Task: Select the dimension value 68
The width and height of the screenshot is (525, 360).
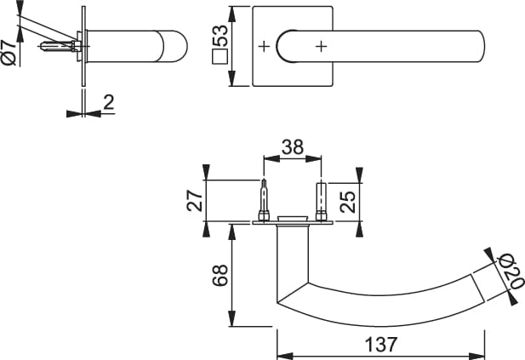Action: click(x=219, y=275)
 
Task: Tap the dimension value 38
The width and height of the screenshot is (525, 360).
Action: click(x=293, y=146)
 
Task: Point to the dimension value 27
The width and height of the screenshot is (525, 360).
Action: click(x=195, y=202)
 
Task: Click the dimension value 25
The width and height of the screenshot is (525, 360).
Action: click(x=347, y=202)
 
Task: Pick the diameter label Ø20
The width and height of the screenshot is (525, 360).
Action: click(x=511, y=271)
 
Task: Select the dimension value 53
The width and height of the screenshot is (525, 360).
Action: click(x=220, y=37)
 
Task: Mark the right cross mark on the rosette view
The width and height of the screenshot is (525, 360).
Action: click(x=321, y=47)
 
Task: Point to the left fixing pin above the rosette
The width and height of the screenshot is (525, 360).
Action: click(x=265, y=201)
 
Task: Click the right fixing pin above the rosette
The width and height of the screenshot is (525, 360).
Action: click(x=322, y=201)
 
